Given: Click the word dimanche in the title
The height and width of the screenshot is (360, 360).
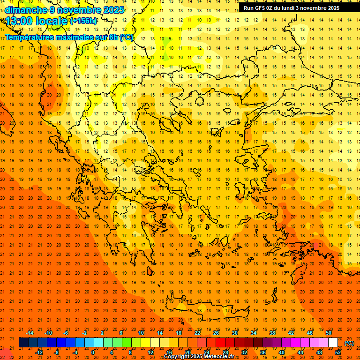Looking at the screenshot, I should [x=25, y=10].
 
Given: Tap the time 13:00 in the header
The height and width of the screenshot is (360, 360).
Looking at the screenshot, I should [x=20, y=21].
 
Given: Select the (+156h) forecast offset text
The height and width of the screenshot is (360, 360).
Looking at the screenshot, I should [x=83, y=21].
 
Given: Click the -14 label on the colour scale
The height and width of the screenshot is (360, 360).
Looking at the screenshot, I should [x=30, y=333].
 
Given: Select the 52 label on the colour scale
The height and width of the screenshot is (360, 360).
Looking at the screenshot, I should [x=338, y=352].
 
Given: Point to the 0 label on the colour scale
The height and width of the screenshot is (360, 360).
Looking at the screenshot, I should [x=93, y=352].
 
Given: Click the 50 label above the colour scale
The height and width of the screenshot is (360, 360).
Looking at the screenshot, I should [x=329, y=333].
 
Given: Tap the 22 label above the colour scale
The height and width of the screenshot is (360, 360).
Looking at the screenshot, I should [x=197, y=333].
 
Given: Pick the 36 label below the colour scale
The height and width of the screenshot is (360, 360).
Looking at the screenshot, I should [x=263, y=352].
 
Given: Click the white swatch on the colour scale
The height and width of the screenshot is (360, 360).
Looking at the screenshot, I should [x=333, y=343].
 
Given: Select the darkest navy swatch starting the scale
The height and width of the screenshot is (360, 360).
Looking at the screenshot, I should [x=23, y=343].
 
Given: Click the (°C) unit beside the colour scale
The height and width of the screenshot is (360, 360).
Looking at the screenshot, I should [x=349, y=343].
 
